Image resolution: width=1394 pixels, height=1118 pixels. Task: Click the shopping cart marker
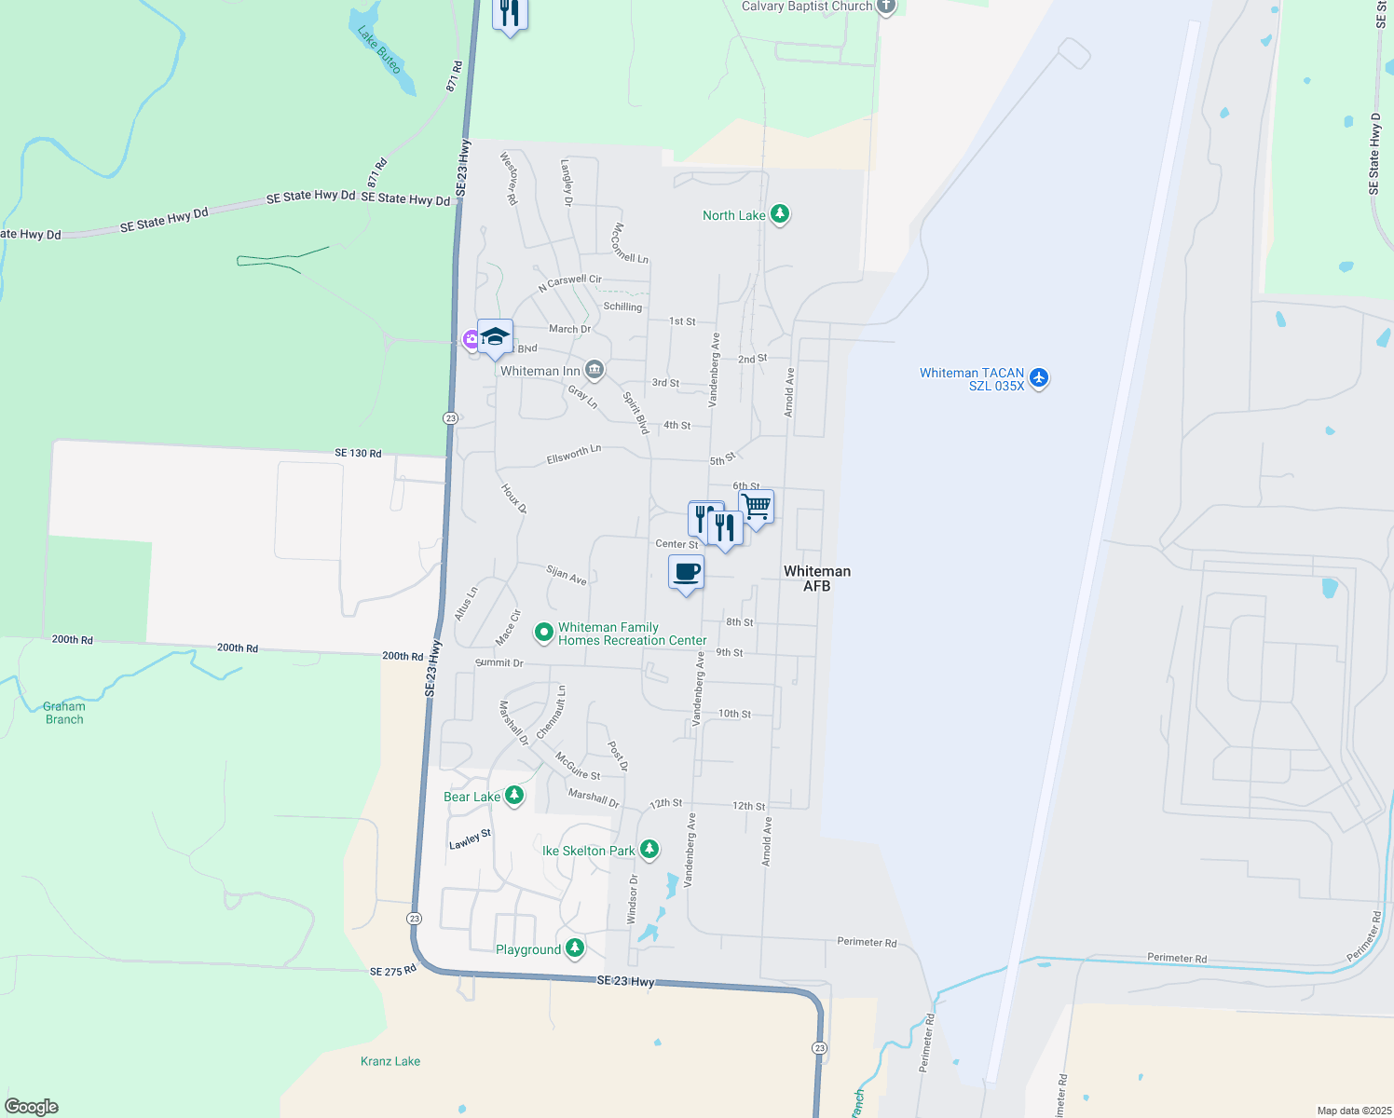coord(756,507)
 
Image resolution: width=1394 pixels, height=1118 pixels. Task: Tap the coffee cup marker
coord(686,572)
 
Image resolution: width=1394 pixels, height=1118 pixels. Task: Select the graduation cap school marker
coord(495,336)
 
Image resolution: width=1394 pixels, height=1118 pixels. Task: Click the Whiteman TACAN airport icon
coord(1039,378)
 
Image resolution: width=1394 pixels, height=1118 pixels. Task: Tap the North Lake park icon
coord(781,215)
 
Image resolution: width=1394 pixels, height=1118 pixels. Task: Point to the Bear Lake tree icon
coord(513,796)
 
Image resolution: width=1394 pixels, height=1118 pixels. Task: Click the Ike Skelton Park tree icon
coord(649,850)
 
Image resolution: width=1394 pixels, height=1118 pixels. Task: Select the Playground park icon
coord(575,948)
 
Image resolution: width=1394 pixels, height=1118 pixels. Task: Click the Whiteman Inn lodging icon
coord(594,371)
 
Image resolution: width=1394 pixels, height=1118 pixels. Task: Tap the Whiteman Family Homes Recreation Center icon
coord(544,634)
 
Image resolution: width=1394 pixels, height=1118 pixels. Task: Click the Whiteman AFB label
coord(816,579)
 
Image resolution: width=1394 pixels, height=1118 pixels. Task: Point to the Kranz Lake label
coord(390,1061)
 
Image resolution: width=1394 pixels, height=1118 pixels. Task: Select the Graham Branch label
coord(64,713)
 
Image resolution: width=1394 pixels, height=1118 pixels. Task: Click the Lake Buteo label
coord(379,49)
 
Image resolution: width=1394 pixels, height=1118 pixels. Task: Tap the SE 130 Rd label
coord(358,453)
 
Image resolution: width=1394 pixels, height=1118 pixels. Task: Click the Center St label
coord(676,544)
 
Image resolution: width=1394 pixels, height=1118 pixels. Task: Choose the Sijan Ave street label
coord(567,575)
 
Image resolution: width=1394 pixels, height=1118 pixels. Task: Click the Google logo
coord(32,1107)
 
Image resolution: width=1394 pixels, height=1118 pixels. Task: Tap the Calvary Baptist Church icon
coord(886,7)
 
